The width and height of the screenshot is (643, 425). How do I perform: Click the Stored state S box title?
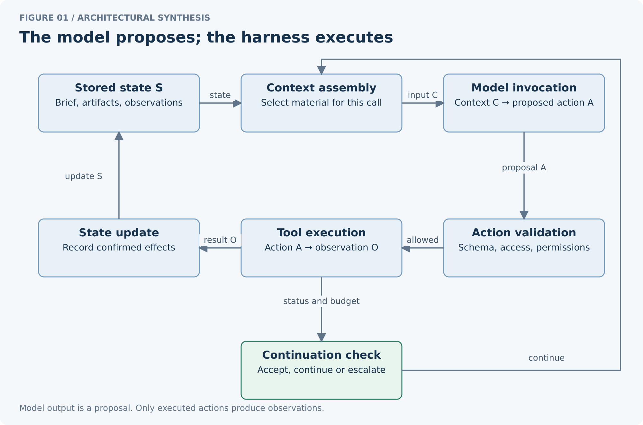tap(119, 88)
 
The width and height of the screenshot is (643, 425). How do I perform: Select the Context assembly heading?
tap(321, 88)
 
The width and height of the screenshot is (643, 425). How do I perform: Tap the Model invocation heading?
tap(524, 88)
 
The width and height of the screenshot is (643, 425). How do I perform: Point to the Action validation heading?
tap(524, 232)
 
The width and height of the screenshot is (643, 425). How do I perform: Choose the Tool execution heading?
tap(321, 232)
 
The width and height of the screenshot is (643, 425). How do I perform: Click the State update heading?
tap(119, 232)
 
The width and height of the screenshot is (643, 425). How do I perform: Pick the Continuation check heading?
tap(321, 355)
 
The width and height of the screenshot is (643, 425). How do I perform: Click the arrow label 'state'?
tap(220, 95)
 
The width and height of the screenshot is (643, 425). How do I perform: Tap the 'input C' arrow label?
tap(423, 95)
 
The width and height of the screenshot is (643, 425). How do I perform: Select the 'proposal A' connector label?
tap(524, 167)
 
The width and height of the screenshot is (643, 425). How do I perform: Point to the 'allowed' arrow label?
tap(423, 240)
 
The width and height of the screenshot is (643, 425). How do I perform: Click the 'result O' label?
tap(220, 240)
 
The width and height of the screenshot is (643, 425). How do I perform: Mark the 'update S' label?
tap(84, 176)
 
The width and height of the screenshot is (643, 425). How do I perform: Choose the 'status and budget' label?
tap(321, 301)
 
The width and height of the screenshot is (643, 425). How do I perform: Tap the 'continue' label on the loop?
tap(547, 358)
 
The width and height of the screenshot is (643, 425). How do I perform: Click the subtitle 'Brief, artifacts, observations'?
tap(119, 102)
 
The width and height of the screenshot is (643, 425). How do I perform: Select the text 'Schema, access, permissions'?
tap(524, 247)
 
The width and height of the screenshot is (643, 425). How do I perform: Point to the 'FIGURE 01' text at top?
tap(44, 18)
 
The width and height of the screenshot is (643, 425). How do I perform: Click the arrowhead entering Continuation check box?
tap(321, 337)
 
